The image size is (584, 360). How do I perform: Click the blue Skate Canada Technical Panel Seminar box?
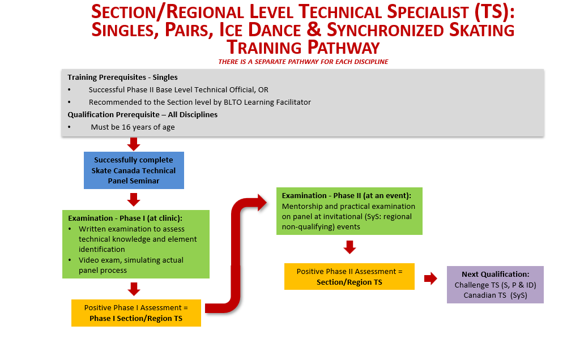tap(134, 170)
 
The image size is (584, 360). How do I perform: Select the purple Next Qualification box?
tap(495, 284)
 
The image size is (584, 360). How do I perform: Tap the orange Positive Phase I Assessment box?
tap(136, 312)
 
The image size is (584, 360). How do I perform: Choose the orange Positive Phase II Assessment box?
tap(349, 277)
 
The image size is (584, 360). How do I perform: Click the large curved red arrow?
tap(236, 257)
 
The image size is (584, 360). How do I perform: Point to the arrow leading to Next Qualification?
tap(430, 278)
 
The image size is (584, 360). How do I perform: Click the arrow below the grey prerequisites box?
tap(134, 144)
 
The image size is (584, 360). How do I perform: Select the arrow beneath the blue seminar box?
tap(134, 200)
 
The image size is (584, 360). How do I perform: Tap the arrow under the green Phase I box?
tap(134, 289)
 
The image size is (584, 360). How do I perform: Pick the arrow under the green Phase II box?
tap(349, 247)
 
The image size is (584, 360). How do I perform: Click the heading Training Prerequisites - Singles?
tap(122, 78)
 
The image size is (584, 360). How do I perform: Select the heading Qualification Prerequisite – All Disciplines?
tap(142, 115)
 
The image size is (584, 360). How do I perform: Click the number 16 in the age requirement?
tap(126, 127)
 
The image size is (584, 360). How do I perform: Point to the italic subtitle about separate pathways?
tap(303, 62)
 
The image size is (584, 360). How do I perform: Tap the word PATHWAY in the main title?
tap(343, 48)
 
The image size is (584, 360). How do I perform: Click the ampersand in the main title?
tap(314, 29)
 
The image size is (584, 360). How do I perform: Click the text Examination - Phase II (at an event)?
tap(346, 196)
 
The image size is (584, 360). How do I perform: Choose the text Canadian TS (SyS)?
tap(496, 295)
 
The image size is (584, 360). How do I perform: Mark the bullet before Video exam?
tap(70, 260)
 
